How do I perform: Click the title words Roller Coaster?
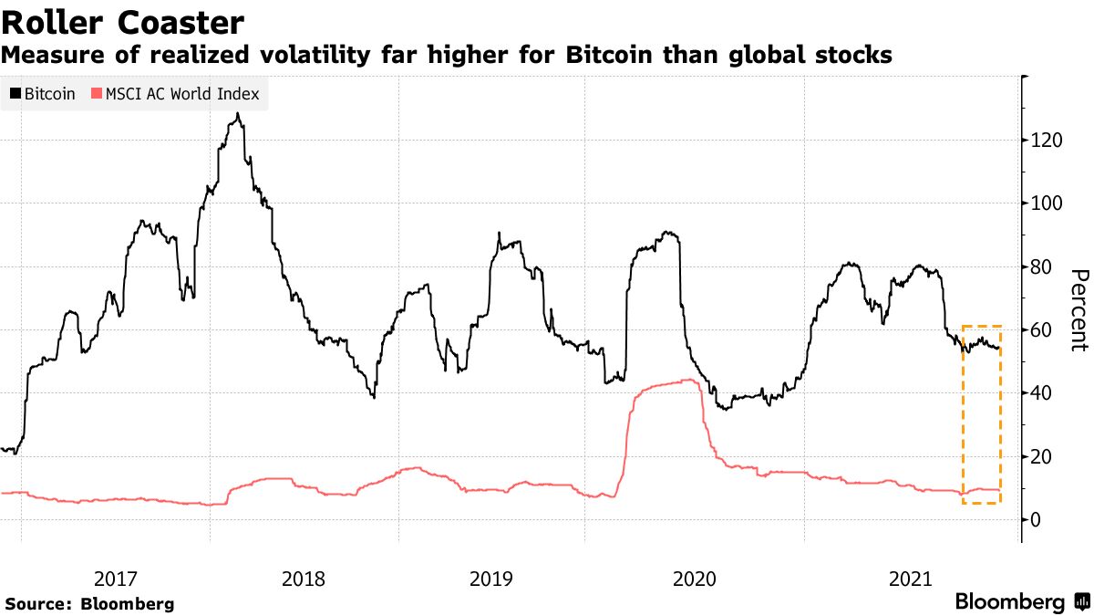pos(122,22)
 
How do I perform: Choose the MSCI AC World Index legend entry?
pos(181,94)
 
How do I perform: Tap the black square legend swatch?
pos(15,94)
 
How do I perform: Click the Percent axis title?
pos(1079,310)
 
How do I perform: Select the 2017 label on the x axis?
pos(116,579)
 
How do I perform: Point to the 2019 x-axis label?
pos(491,579)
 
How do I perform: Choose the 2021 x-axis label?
pos(910,579)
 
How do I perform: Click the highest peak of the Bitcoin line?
pos(237,114)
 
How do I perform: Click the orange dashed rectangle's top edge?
pos(982,326)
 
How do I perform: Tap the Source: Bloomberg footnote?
pos(89,604)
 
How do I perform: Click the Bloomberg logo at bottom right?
pos(1021,602)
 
